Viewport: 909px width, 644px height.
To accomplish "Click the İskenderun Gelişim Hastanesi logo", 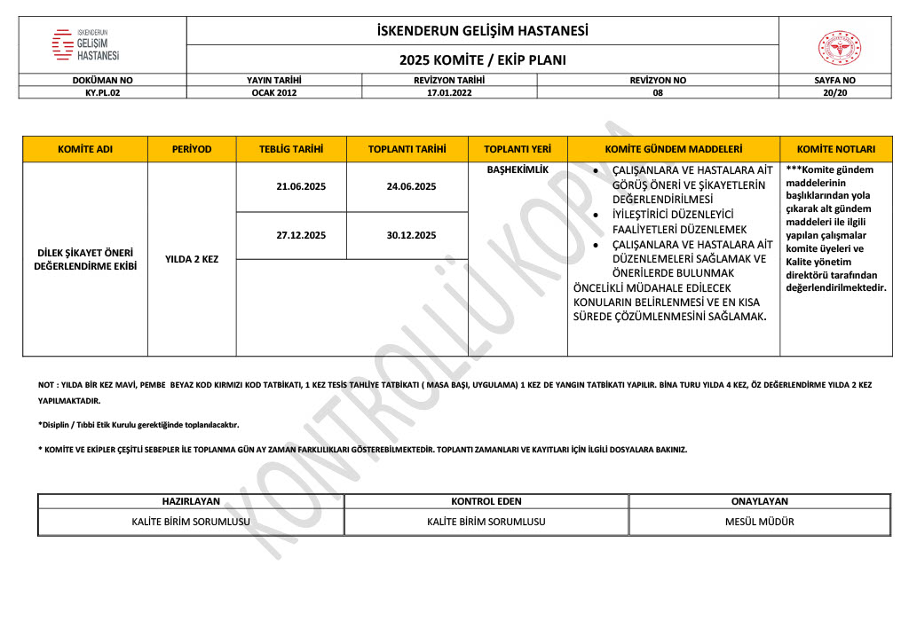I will tap(86, 44).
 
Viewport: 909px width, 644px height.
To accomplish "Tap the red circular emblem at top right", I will tap(839, 48).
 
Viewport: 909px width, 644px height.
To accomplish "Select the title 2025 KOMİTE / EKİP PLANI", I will tap(482, 60).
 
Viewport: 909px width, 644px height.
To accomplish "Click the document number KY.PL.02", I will tap(102, 91).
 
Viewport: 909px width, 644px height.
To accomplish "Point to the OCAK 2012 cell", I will tap(274, 91).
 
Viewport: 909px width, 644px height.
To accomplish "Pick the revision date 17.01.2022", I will tap(449, 91).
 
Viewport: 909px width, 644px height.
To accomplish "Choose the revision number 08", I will tap(658, 91).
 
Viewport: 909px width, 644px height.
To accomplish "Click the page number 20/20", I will tap(835, 91).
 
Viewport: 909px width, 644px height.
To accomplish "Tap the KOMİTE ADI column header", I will tap(85, 149).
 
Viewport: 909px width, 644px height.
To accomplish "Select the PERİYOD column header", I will tap(192, 149).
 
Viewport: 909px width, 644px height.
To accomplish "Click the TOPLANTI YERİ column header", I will tap(518, 149).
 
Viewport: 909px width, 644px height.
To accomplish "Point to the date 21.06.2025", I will tap(301, 187).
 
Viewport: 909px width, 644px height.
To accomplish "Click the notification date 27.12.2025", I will tap(301, 235).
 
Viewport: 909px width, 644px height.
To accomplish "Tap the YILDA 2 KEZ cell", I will tap(192, 259).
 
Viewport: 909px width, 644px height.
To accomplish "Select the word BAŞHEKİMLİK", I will tap(518, 169).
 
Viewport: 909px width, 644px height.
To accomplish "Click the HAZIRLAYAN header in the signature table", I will tap(191, 501).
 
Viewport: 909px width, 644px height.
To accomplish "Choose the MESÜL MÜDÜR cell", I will tap(760, 522).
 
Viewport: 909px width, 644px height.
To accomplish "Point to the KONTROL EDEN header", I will tap(486, 501).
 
